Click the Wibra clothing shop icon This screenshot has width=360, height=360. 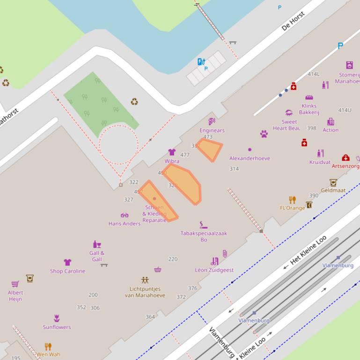(172, 152)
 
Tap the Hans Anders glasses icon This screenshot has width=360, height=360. (125, 216)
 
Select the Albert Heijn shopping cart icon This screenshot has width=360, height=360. (15, 284)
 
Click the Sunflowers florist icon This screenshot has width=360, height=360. (57, 318)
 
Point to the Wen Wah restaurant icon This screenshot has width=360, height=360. (48, 346)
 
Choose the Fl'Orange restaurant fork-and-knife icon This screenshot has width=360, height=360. (293, 200)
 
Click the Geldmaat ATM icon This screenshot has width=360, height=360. (333, 182)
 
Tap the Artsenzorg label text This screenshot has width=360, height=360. (346, 166)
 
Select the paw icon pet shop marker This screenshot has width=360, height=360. (264, 134)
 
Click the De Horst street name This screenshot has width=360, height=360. (294, 21)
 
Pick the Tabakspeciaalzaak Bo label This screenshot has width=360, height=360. (204, 236)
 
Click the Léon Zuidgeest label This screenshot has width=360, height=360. (214, 270)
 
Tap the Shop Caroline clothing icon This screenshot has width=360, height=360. (67, 262)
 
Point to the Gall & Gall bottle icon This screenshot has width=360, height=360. (97, 245)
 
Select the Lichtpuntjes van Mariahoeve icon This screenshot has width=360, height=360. (145, 281)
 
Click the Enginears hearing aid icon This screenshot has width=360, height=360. (212, 122)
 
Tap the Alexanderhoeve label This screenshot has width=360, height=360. (250, 158)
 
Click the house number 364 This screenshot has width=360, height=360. (150, 317)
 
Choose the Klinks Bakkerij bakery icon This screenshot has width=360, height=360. (309, 98)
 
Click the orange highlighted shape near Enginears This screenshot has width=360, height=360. (209, 149)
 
